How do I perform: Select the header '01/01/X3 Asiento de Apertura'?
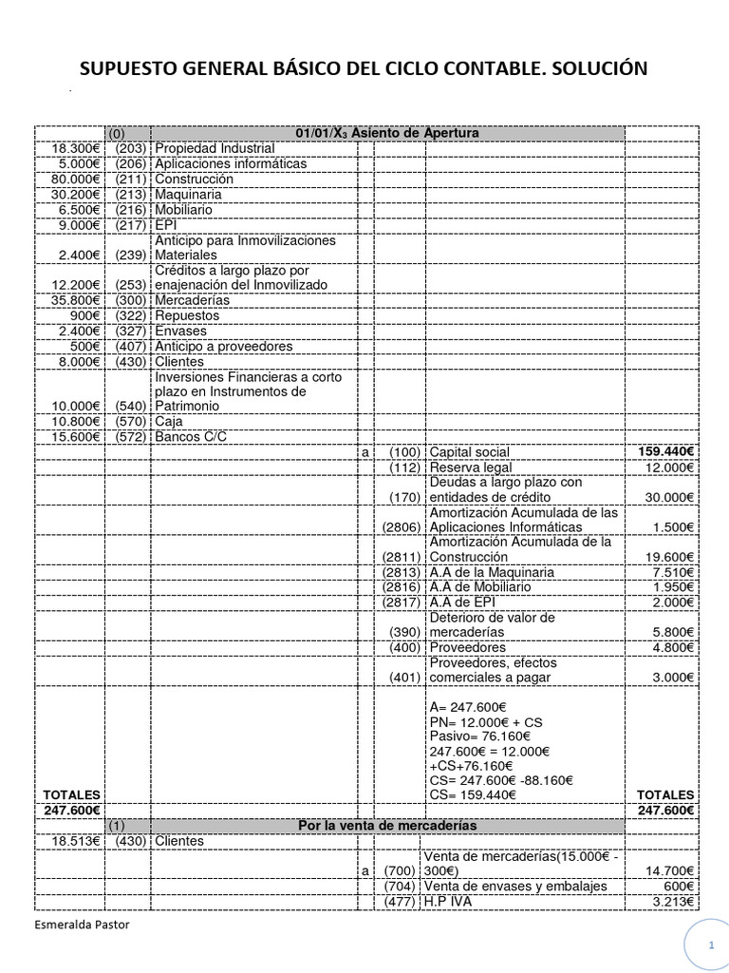[x=387, y=133]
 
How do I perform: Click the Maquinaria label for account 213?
[x=188, y=194]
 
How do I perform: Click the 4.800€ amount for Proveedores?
[x=673, y=647]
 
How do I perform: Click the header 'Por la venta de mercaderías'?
[x=387, y=825]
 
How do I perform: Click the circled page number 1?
[x=710, y=946]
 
